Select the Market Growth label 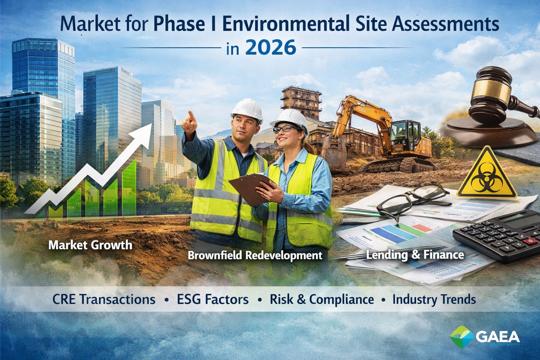pos(90,245)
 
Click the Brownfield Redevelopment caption pos(255,255)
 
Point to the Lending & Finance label pos(415,255)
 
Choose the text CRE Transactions pos(104,300)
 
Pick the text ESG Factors pos(213,300)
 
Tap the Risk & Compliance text pos(322,300)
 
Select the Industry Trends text pos(434,300)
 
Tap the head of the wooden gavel pos(492,86)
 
